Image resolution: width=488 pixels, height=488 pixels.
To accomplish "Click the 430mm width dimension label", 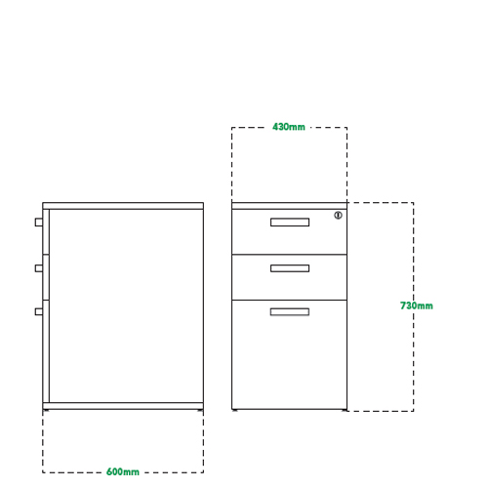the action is tap(289, 127).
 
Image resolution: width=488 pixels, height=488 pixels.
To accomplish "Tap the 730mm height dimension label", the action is tap(417, 305).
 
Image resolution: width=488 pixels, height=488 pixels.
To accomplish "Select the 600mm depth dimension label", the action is tap(123, 471).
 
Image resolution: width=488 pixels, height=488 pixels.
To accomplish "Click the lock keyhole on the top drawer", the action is tap(339, 216).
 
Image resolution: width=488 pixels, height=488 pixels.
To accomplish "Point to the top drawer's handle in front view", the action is tap(290, 223).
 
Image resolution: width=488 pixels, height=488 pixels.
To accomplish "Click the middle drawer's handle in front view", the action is tap(290, 268).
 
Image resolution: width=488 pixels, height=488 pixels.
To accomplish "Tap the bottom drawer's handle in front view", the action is tap(290, 311).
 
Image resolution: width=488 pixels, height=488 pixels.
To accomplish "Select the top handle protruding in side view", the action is tap(39, 223).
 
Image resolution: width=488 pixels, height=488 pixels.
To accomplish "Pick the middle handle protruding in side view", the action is tap(39, 268).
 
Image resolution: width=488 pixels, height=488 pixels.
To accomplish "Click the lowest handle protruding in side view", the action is tap(39, 311).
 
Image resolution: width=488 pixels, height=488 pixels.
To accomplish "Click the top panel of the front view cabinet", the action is tap(289, 206).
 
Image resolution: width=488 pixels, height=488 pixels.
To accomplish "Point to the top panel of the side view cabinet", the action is tap(123, 206).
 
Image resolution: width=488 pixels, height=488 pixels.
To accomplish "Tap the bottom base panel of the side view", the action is tap(123, 406).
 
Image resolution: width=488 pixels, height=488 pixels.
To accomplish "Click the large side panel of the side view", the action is tap(127, 305).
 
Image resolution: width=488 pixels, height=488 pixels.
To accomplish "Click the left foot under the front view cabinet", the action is tap(235, 411).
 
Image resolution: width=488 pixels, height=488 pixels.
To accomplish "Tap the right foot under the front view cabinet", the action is tap(344, 411).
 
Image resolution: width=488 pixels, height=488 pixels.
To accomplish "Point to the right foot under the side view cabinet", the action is tap(200, 411).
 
